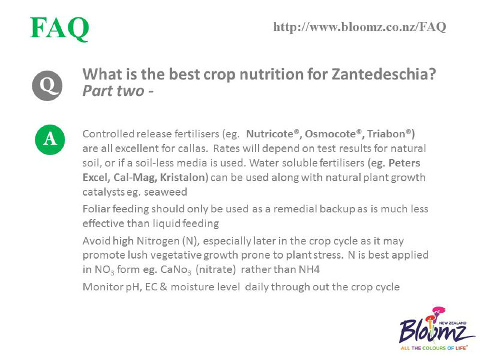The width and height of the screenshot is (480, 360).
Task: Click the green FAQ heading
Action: pyautogui.click(x=59, y=28)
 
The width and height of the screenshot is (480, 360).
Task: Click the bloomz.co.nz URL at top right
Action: pyautogui.click(x=359, y=27)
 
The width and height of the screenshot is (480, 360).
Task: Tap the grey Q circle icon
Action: pyautogui.click(x=47, y=85)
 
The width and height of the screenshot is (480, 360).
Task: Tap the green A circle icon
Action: pyautogui.click(x=50, y=139)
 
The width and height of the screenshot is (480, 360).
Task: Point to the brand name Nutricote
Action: pyautogui.click(x=269, y=134)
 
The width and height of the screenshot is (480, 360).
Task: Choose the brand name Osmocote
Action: pyautogui.click(x=331, y=134)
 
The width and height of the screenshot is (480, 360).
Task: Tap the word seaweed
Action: pyautogui.click(x=166, y=192)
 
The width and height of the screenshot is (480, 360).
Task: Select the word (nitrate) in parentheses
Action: pyautogui.click(x=216, y=269)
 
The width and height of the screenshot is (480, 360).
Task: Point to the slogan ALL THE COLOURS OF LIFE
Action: pyautogui.click(x=434, y=348)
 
